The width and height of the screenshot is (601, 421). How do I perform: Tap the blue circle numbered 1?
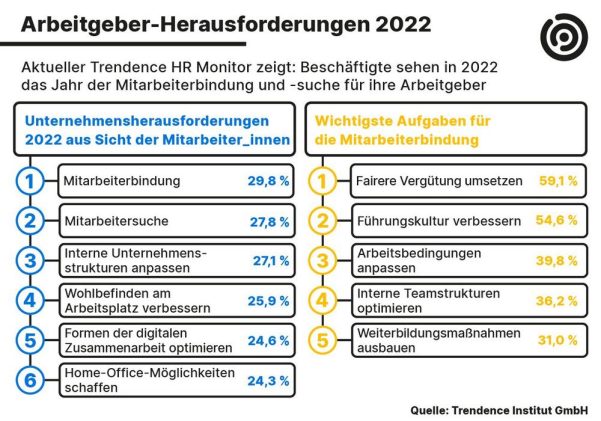(31, 182)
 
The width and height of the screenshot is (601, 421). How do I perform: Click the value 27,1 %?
(270, 260)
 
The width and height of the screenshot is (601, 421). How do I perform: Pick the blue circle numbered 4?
(31, 299)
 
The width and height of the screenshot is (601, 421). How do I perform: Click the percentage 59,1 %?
(558, 182)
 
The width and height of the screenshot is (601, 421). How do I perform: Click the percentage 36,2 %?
(558, 299)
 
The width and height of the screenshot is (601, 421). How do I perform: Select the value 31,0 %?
(558, 340)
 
